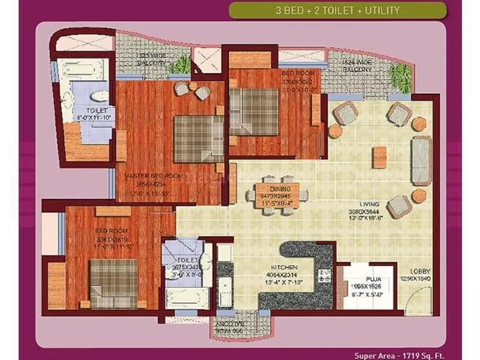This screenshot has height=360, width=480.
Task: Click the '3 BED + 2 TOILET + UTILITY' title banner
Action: click(x=338, y=10)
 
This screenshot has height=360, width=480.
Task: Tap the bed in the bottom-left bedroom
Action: click(x=114, y=283)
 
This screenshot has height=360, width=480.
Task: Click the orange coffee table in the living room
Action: click(x=378, y=157)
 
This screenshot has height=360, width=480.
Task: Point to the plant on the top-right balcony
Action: click(x=400, y=75)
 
